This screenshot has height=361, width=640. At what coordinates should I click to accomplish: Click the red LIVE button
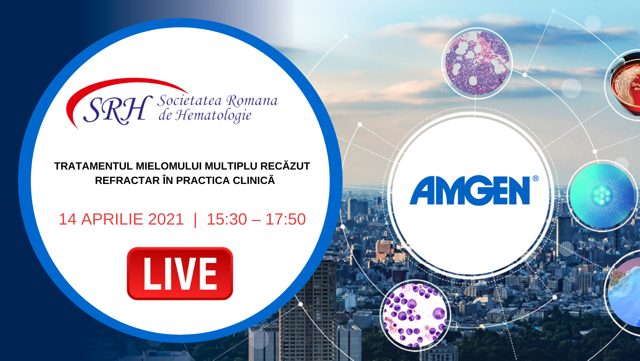click(x=180, y=274)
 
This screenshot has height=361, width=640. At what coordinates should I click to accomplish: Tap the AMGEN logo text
click(x=470, y=191)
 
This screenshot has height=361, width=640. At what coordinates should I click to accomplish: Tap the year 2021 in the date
click(x=166, y=219)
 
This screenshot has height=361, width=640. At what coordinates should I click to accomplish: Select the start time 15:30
click(x=227, y=219)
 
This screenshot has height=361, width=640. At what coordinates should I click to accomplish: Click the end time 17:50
click(x=285, y=219)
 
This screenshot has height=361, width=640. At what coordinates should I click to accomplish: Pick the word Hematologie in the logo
click(x=213, y=115)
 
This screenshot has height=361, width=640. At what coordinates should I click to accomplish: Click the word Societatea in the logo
click(x=190, y=101)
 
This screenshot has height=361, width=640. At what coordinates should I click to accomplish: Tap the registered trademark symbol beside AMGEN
click(x=536, y=178)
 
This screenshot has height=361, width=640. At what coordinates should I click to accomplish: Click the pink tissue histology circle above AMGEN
click(x=477, y=63)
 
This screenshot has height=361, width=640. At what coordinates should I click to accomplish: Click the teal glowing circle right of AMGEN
click(x=602, y=196)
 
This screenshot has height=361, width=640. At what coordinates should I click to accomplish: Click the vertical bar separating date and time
click(x=195, y=220)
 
